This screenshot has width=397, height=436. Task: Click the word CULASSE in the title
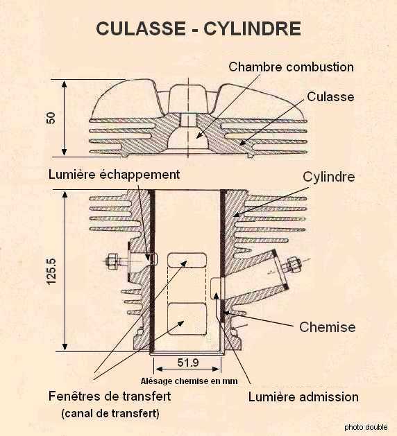(x=141, y=28)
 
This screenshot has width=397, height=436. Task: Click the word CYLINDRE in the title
(x=252, y=28)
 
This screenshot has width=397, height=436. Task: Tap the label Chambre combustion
(x=292, y=67)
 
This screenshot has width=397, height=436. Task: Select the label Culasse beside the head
(x=330, y=97)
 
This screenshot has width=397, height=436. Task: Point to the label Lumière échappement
(x=114, y=175)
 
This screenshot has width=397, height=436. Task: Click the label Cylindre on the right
(x=329, y=177)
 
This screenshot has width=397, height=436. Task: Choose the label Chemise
(x=328, y=327)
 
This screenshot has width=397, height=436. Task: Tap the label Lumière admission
(x=303, y=396)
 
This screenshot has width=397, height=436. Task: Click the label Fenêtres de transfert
(x=110, y=396)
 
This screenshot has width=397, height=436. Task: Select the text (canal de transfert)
(x=110, y=414)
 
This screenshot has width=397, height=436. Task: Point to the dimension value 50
(x=51, y=118)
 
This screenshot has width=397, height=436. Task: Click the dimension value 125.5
(x=51, y=272)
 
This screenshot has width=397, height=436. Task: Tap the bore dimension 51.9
(x=188, y=363)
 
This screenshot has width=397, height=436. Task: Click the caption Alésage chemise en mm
(x=189, y=381)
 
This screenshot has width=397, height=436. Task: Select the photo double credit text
(x=366, y=427)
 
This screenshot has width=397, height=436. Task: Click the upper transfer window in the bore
(x=187, y=260)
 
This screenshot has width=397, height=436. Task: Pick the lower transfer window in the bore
(x=187, y=319)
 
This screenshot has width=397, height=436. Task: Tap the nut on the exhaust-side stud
(x=112, y=261)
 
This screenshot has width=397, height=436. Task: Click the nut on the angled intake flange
(x=293, y=264)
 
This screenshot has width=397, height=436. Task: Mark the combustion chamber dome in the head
(x=188, y=138)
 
